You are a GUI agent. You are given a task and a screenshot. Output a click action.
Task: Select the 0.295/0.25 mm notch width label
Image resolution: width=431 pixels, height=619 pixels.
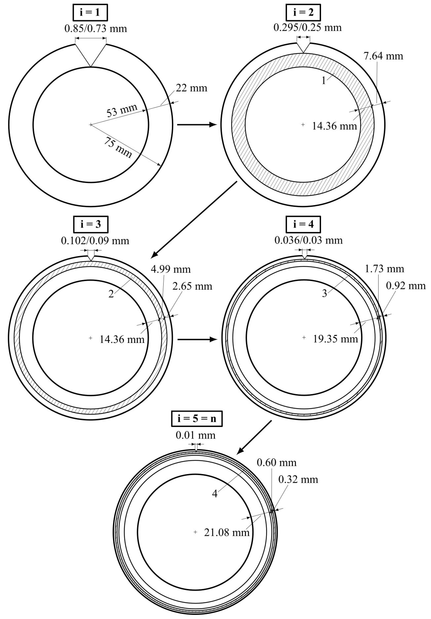(x=307, y=27)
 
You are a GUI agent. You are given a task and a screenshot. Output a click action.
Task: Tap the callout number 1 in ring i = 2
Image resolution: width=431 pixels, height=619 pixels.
(x=324, y=81)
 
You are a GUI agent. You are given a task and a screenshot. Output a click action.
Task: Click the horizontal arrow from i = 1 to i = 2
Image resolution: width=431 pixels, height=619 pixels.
(x=197, y=125)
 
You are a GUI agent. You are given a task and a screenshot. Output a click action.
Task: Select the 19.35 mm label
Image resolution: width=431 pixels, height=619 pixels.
(x=335, y=339)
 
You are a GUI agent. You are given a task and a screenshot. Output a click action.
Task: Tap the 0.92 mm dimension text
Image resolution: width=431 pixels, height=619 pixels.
(x=406, y=286)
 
